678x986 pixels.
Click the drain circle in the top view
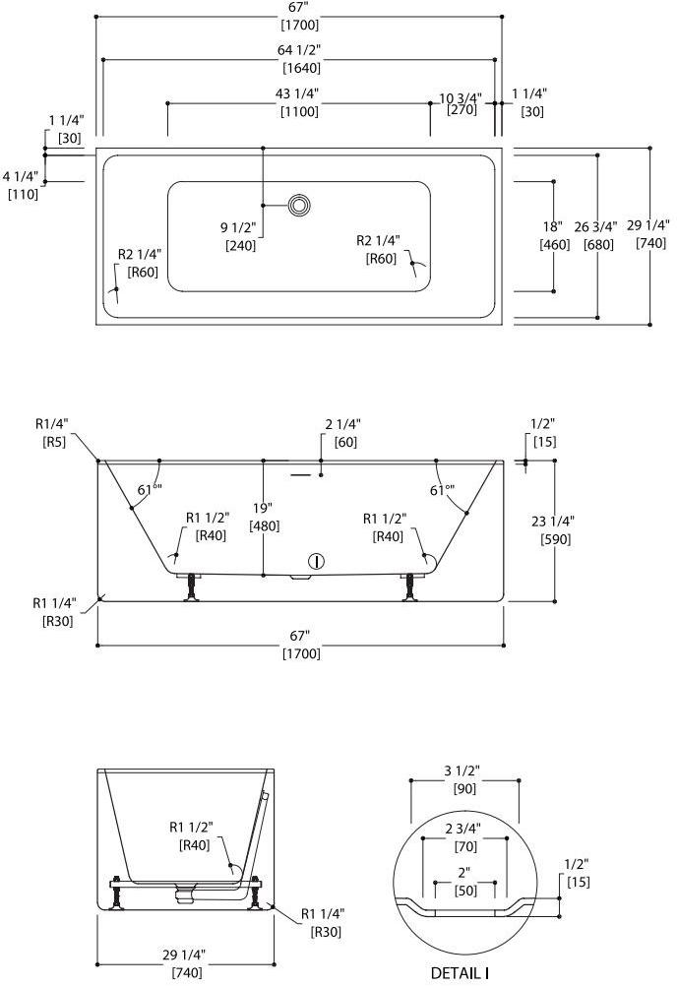tap(299, 205)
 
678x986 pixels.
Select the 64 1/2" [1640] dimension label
tap(301, 60)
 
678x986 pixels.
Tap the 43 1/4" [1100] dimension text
tap(301, 102)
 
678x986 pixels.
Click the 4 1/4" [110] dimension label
tap(21, 185)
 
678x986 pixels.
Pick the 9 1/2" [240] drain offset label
tap(240, 236)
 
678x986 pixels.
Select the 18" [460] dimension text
tap(554, 236)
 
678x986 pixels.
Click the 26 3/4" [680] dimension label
tap(600, 235)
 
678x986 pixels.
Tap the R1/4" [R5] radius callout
tap(52, 433)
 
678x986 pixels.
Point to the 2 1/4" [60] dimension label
tap(339, 433)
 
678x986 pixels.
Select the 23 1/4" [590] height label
tap(556, 529)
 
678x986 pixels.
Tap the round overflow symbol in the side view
tap(315, 562)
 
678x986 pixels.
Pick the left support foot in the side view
tap(190, 587)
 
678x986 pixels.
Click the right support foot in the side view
tap(409, 587)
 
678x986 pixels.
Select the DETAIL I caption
tap(461, 972)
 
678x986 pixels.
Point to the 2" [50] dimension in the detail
tap(464, 882)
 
